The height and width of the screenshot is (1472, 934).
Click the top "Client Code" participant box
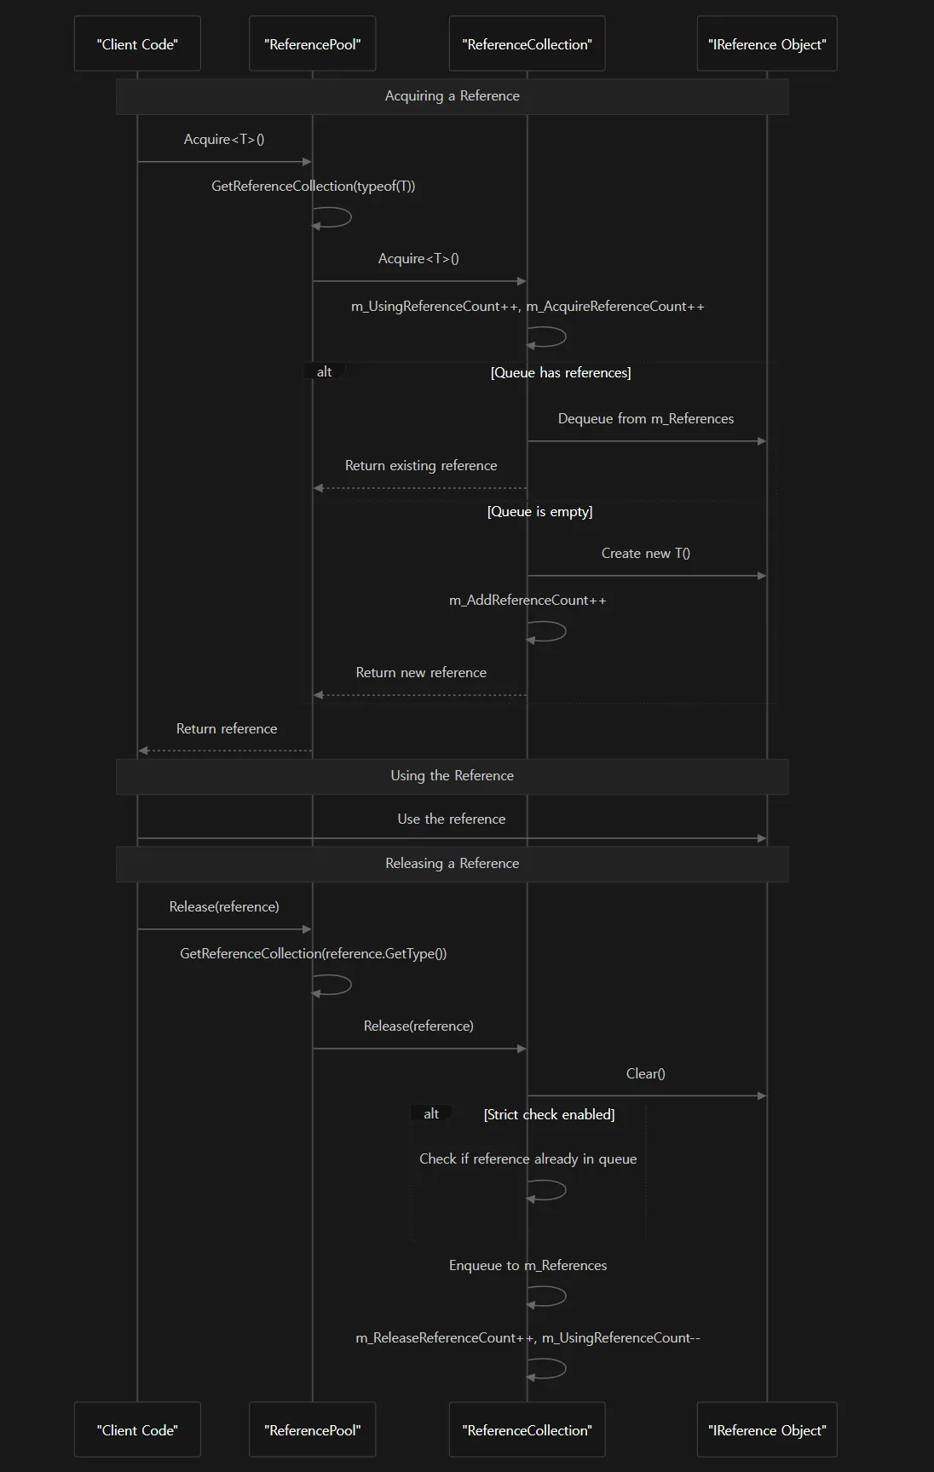[x=137, y=43]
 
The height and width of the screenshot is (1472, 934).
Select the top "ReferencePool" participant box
[x=313, y=43]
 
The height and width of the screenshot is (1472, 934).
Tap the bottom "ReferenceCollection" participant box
[x=527, y=1429]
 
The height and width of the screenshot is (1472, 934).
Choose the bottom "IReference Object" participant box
[x=767, y=1429]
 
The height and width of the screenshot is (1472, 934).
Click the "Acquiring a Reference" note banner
[x=453, y=96]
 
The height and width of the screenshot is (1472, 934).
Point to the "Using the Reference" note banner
[x=453, y=776]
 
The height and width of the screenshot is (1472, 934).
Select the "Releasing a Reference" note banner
[x=453, y=864]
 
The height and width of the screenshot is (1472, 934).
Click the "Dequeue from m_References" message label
[x=646, y=418]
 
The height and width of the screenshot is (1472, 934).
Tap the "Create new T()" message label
[x=646, y=553]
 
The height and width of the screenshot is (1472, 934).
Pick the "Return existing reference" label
[x=421, y=465]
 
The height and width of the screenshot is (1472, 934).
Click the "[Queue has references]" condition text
[x=561, y=372]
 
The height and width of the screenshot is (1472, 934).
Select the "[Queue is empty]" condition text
[x=539, y=511]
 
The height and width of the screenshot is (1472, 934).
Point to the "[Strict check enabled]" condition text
[x=549, y=1114]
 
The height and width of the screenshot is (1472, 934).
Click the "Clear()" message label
[x=646, y=1073]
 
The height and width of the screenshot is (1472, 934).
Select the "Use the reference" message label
[x=452, y=819]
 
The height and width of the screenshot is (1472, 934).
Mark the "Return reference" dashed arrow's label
[x=227, y=728]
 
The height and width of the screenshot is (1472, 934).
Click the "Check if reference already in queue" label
[x=528, y=1159]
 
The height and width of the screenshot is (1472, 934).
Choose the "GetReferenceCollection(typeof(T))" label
[x=314, y=186]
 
